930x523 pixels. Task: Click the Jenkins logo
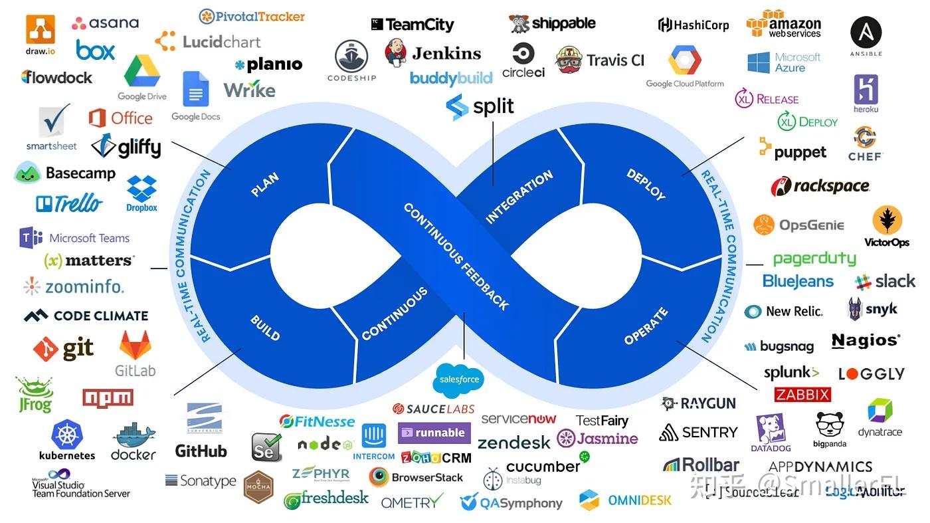coord(433,52)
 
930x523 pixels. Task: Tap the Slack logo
coord(885,281)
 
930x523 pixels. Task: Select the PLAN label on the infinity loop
coord(264,185)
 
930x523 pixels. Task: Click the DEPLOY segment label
coord(646,184)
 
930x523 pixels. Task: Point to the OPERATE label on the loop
coord(646,326)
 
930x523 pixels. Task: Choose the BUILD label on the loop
coord(265,328)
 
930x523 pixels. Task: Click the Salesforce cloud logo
coord(459,379)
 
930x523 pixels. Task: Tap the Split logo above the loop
coord(480,106)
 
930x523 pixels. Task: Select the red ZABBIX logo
coord(802,395)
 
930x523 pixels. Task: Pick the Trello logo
coord(70,203)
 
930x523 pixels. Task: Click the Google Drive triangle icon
coord(141,72)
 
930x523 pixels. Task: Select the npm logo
coord(108,397)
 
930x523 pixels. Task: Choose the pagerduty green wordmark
coord(814,258)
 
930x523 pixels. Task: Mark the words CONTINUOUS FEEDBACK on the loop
coord(456,257)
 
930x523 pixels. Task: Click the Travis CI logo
coord(600,60)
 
